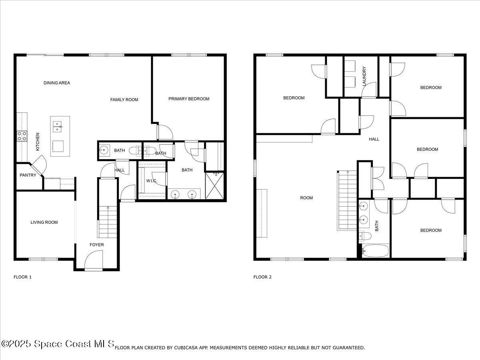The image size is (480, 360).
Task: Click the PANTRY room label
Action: [x=28, y=175]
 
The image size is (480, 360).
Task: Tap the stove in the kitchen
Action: [x=22, y=136]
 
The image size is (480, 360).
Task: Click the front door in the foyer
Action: [x=94, y=260]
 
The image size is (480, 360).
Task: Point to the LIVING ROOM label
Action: [x=44, y=222]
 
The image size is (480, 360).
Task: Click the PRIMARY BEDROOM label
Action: [x=189, y=99]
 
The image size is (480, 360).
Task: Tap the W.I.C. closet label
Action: [x=151, y=181]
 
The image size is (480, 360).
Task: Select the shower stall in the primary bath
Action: [x=215, y=186]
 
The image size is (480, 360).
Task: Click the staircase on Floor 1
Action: [x=108, y=222]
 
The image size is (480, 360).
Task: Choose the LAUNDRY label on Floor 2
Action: [x=364, y=76]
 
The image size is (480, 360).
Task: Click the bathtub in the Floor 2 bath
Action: [x=375, y=251]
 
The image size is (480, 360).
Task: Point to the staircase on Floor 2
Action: [x=347, y=200]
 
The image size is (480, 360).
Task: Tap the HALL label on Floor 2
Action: [x=374, y=139]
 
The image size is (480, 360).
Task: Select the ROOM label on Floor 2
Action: [x=306, y=198]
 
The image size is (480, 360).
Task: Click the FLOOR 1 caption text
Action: [x=22, y=277]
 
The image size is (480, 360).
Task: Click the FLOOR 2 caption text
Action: [x=262, y=277]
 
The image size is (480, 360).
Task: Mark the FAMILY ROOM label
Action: [x=124, y=100]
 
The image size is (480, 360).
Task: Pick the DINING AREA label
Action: [x=57, y=83]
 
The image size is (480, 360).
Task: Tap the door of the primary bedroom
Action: [x=164, y=132]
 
